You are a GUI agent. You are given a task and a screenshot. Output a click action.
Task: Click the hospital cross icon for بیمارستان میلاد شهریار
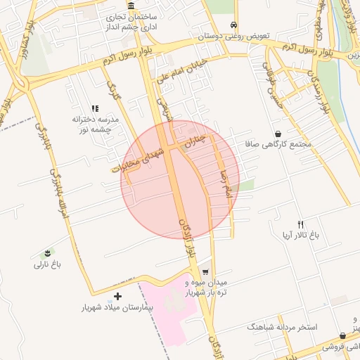pyautogui.click(x=117, y=296)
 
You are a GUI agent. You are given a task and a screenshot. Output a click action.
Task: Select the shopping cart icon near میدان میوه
pyautogui.click(x=205, y=272)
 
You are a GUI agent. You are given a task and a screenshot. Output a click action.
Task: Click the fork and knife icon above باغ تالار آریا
pyautogui.click(x=301, y=224)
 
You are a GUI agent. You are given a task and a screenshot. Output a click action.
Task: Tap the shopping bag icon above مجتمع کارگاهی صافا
pyautogui.click(x=278, y=133)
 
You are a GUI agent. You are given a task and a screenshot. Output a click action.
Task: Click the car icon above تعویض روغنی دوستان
pyautogui.click(x=233, y=24)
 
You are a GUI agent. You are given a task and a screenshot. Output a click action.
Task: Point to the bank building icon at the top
pyautogui.click(x=131, y=6)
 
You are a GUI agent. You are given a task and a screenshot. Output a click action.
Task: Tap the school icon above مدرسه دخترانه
pyautogui.click(x=96, y=108)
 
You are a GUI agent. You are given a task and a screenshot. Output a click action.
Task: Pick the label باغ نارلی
pyautogui.click(x=48, y=264)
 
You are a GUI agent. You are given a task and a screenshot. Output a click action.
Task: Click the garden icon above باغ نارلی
pyautogui.click(x=48, y=252)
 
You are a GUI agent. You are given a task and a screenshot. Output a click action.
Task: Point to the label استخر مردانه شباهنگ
pyautogui.click(x=282, y=327)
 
